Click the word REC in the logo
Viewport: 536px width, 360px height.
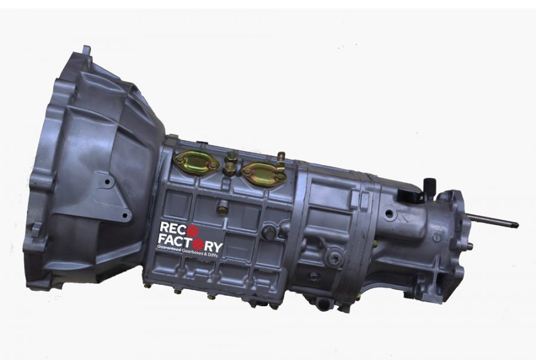[172, 228]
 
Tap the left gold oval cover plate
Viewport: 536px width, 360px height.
[196, 162]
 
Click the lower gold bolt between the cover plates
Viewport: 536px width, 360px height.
[229, 169]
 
